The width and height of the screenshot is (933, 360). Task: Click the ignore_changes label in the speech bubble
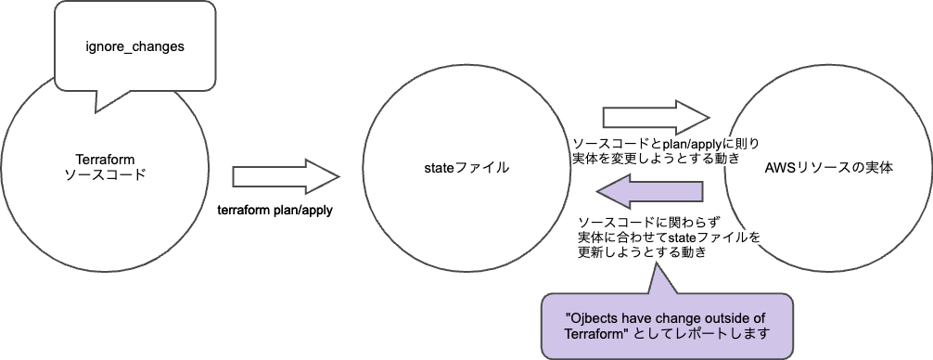point(134,46)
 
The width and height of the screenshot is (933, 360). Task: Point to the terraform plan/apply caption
point(275,211)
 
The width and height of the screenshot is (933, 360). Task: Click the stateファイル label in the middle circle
point(464,167)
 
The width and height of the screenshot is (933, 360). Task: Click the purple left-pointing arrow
point(648,191)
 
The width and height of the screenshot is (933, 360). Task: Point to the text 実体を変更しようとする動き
point(656,159)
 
